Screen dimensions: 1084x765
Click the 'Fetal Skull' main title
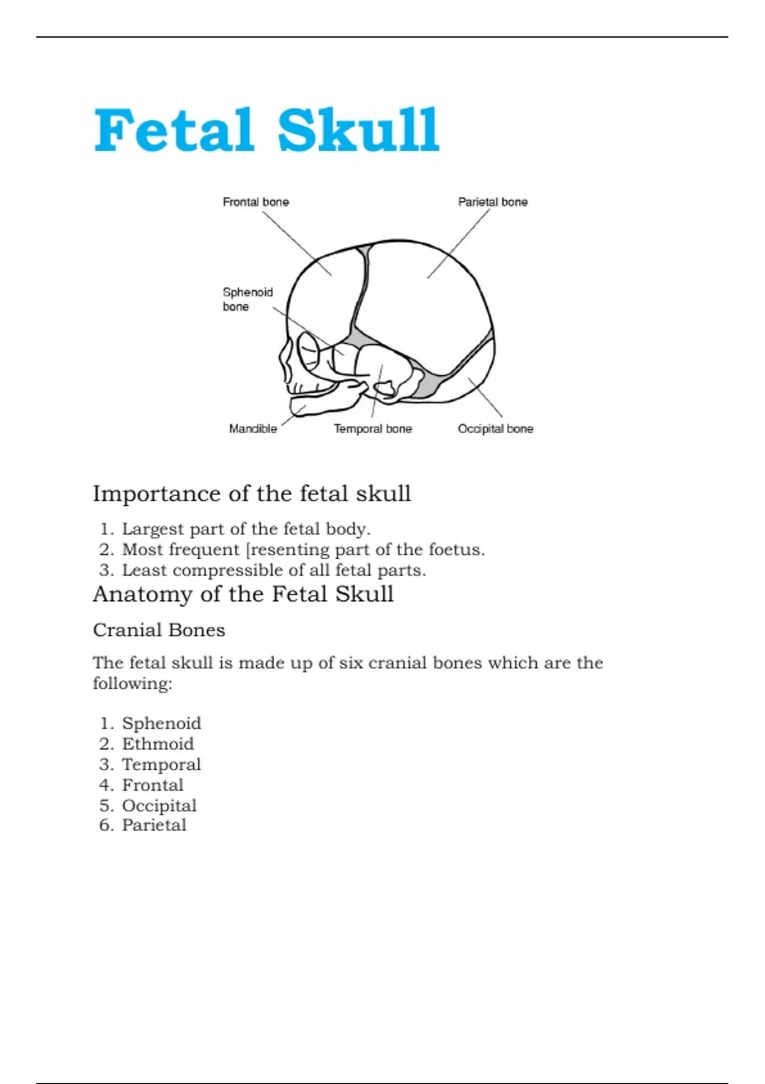point(266,131)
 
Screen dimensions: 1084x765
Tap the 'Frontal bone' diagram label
point(256,202)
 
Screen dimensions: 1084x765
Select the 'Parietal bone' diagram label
point(493,202)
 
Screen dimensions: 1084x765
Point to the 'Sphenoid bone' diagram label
point(247,299)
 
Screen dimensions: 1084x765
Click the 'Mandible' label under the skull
point(253,429)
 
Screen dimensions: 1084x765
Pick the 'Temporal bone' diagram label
point(373,429)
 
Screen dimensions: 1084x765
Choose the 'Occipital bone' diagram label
point(495,429)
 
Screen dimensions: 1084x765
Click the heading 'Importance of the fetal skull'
point(252,494)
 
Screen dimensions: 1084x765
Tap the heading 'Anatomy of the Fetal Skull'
point(243,594)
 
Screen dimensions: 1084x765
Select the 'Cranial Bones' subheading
point(159,630)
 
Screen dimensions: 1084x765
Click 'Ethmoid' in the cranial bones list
point(158,744)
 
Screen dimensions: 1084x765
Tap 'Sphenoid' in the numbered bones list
point(161,724)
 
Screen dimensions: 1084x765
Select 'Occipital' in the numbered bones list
point(159,805)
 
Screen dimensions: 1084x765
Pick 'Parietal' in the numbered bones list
point(154,825)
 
